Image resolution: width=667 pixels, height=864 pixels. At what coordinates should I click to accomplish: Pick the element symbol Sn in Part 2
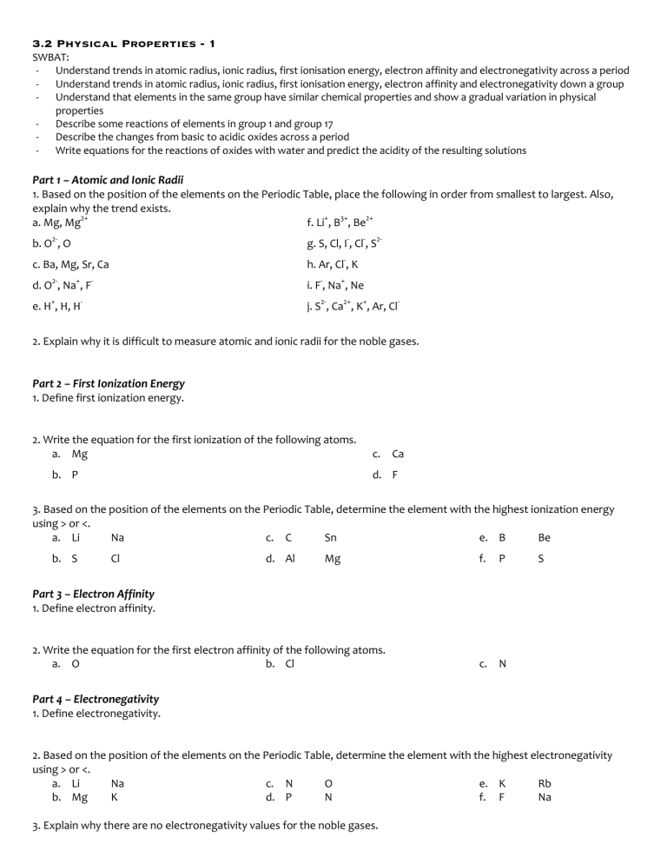point(330,537)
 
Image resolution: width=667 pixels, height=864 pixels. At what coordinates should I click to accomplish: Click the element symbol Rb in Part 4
point(545,783)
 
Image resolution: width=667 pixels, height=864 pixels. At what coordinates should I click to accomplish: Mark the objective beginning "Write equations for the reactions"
point(290,150)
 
